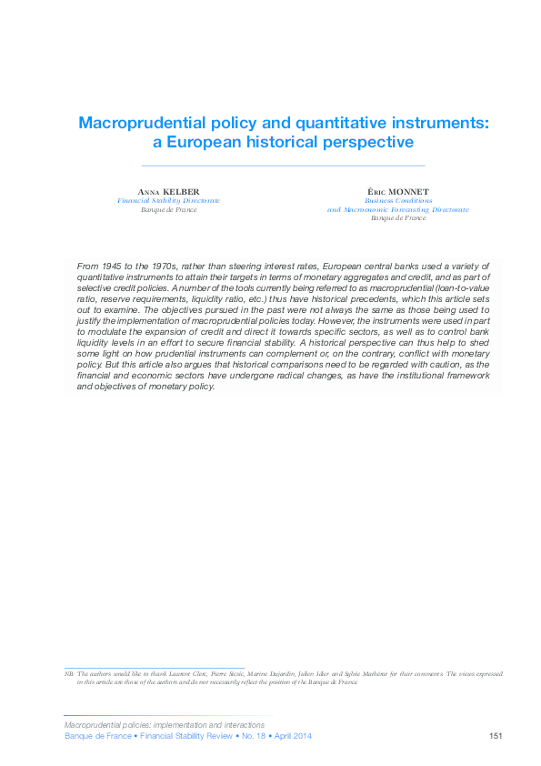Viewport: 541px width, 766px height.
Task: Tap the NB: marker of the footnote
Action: pyautogui.click(x=69, y=673)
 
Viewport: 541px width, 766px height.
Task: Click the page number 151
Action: pyautogui.click(x=496, y=736)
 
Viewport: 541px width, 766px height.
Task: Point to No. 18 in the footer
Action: pyautogui.click(x=251, y=736)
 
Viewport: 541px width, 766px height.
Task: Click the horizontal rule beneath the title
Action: pyautogui.click(x=284, y=166)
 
